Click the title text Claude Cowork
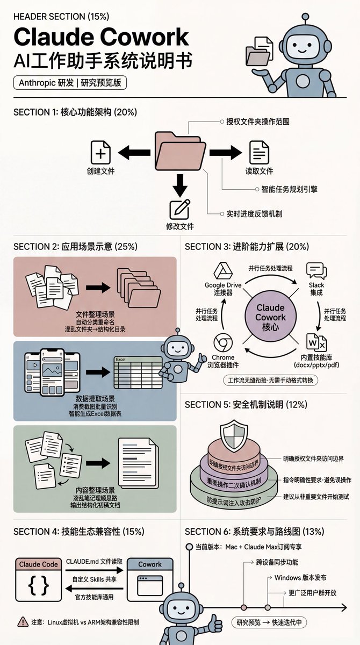pos(101,37)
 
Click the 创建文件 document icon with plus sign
pos(100,153)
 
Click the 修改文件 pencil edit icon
pos(180,209)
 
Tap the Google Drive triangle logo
pos(221,270)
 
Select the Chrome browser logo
pos(222,343)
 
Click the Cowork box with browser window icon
pos(149,578)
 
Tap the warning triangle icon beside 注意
pos(23,621)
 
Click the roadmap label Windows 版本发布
pos(300,578)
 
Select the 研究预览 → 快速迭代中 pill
pos(269,622)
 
